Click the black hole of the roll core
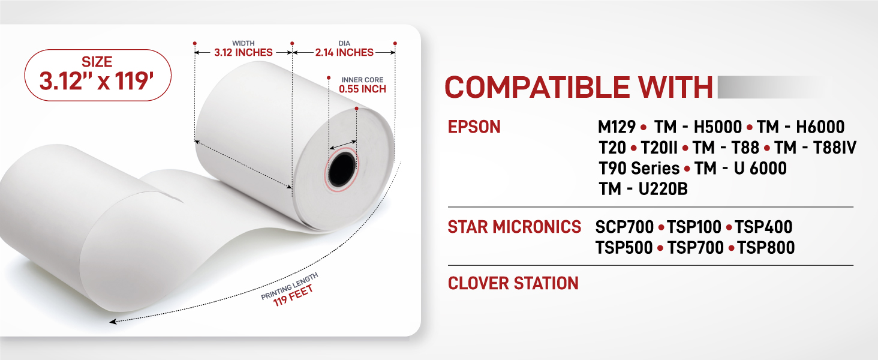[x=342, y=169]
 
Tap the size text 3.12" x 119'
[x=97, y=82]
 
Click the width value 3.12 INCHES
[x=243, y=53]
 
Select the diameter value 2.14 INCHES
[x=344, y=53]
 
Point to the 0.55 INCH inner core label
[x=363, y=89]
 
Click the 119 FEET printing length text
[x=293, y=295]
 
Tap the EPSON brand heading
[x=474, y=127]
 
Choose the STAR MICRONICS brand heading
[x=514, y=227]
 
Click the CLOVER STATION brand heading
[x=513, y=283]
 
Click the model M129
[x=617, y=127]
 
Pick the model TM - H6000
[x=801, y=127]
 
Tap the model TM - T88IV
[x=815, y=148]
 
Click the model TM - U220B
[x=644, y=189]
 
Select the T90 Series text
[x=639, y=169]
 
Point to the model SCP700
[x=624, y=227]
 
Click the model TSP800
[x=766, y=248]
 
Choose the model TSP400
[x=763, y=227]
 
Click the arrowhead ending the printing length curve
[x=113, y=322]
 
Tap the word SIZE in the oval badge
[x=97, y=62]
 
